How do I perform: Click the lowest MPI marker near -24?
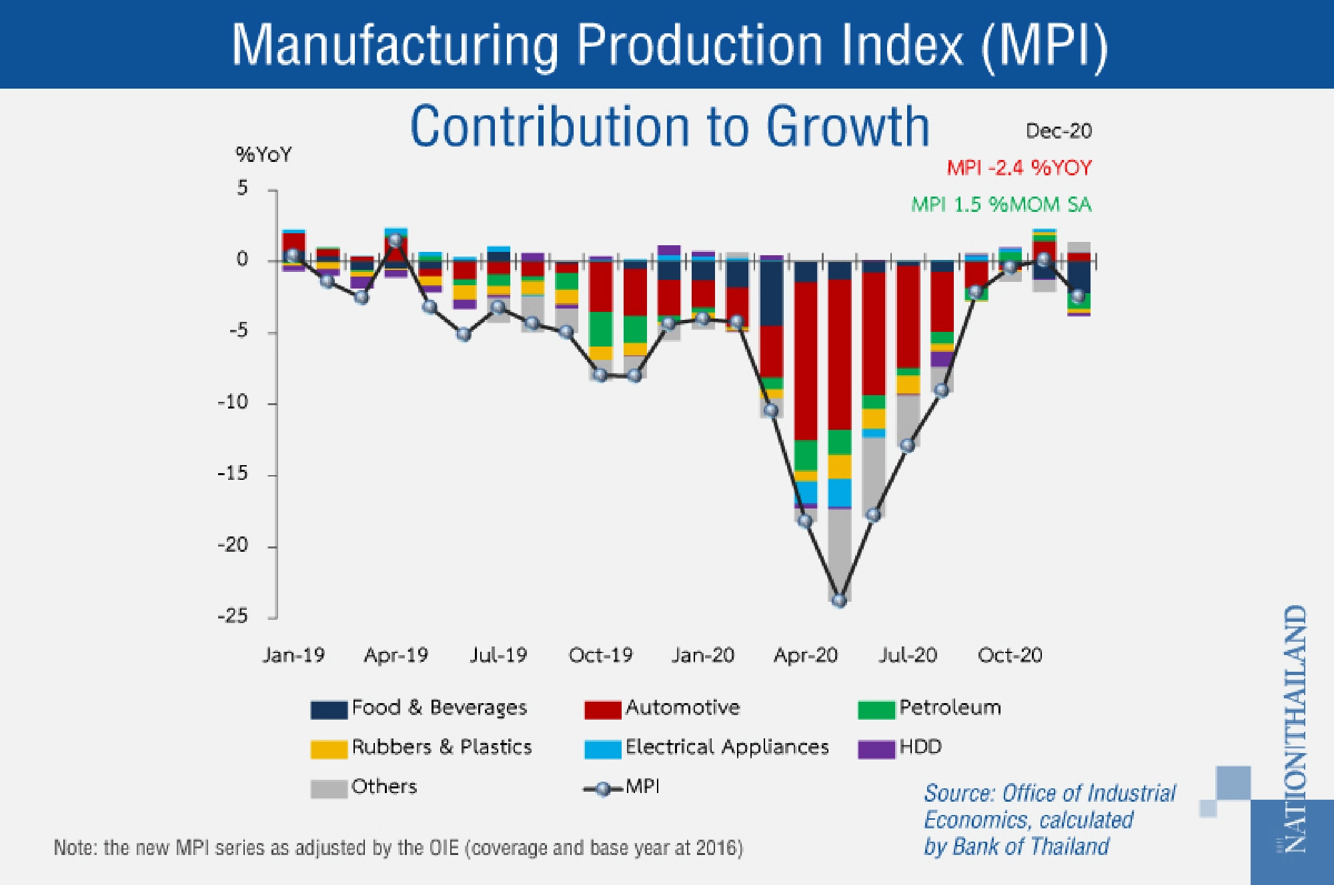point(840,600)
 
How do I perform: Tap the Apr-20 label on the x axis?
point(805,656)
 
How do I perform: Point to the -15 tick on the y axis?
point(233,474)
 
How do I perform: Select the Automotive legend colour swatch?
point(602,710)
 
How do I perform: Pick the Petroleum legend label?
point(950,708)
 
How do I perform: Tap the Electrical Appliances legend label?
point(727,747)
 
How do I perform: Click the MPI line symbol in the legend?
point(603,789)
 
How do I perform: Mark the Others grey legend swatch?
point(329,789)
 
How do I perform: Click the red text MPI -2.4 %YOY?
point(1019,168)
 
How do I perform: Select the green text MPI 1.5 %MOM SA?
point(1001,205)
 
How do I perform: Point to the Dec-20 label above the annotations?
point(1059,131)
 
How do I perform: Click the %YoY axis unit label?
point(263,155)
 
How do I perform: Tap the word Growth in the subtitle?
point(847,127)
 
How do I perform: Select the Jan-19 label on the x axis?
point(293,656)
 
